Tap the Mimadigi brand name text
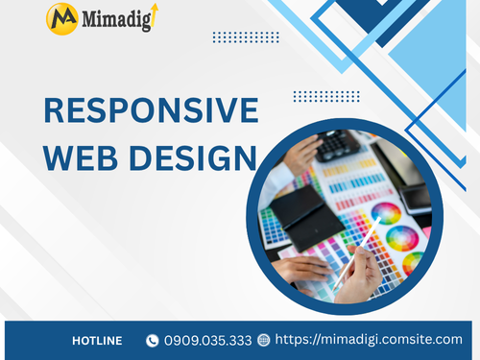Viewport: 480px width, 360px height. (x=113, y=18)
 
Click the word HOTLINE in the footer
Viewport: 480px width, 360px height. (x=97, y=340)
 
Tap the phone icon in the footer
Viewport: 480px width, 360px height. (x=152, y=340)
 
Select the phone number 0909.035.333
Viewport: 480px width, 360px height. (x=207, y=340)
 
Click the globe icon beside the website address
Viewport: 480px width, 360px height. (x=264, y=340)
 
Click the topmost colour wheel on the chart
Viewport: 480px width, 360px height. (x=386, y=212)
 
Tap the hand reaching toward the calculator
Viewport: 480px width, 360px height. (x=300, y=154)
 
